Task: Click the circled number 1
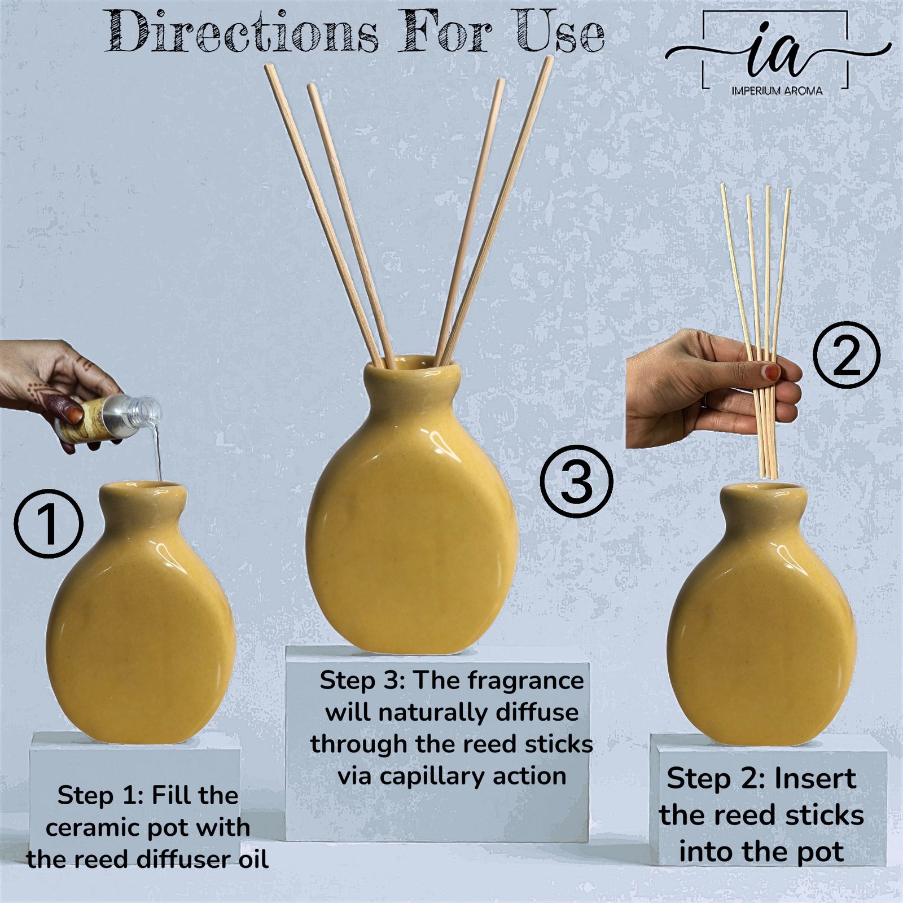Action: click(49, 524)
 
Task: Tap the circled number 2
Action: click(847, 354)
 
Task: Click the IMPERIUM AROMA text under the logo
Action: click(777, 90)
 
